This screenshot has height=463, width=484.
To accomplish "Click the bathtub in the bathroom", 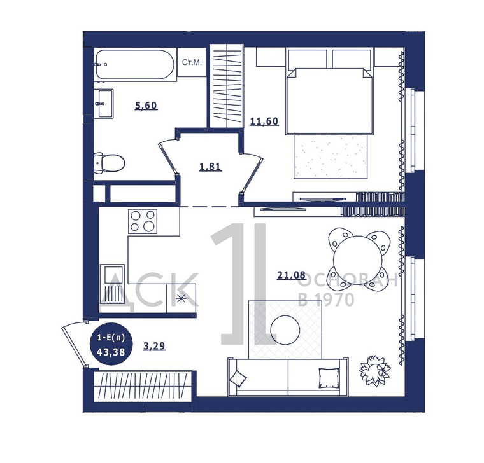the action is pyautogui.click(x=135, y=65).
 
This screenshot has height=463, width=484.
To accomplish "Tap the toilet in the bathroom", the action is pyautogui.click(x=110, y=162).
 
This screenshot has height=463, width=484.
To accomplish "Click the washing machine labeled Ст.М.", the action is pyautogui.click(x=192, y=62).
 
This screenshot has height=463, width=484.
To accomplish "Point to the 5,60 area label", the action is pyautogui.click(x=146, y=106).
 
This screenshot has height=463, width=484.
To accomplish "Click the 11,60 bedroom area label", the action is pyautogui.click(x=264, y=121).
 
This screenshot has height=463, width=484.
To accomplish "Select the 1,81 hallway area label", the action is pyautogui.click(x=210, y=167).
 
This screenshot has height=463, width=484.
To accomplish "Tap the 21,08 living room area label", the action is pyautogui.click(x=292, y=275).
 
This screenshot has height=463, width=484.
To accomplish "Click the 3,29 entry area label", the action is pyautogui.click(x=155, y=346).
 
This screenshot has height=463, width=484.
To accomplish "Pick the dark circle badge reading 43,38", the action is pyautogui.click(x=111, y=344).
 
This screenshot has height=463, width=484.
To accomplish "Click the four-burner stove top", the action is pyautogui.click(x=143, y=221).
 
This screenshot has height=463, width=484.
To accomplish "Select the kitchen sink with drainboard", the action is pyautogui.click(x=112, y=284).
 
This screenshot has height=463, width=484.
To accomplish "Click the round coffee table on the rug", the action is pyautogui.click(x=285, y=330).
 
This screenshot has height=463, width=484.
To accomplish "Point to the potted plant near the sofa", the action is pyautogui.click(x=375, y=371).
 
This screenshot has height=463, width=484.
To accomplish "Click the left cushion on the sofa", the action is pyautogui.click(x=238, y=378).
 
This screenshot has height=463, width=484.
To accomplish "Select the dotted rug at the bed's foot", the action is pyautogui.click(x=331, y=156).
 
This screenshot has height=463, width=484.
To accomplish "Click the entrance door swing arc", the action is pyautogui.click(x=73, y=343).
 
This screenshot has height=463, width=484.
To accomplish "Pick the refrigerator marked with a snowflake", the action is pyautogui.click(x=181, y=298).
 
